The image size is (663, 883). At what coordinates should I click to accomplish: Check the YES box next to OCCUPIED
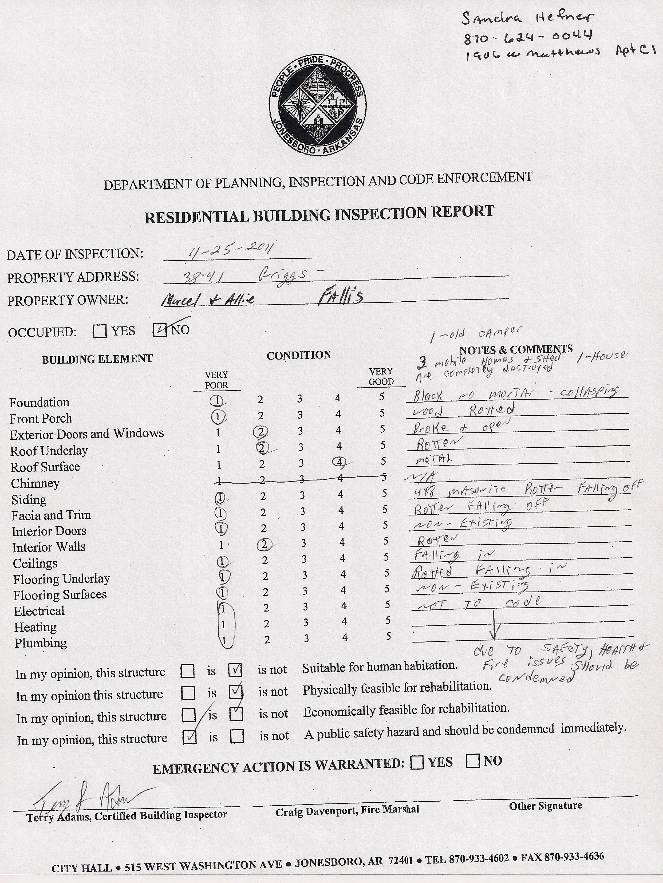coord(99,331)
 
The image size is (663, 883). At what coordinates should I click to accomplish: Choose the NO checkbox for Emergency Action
coord(473,760)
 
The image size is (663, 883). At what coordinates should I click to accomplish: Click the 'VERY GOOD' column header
coord(381,376)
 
